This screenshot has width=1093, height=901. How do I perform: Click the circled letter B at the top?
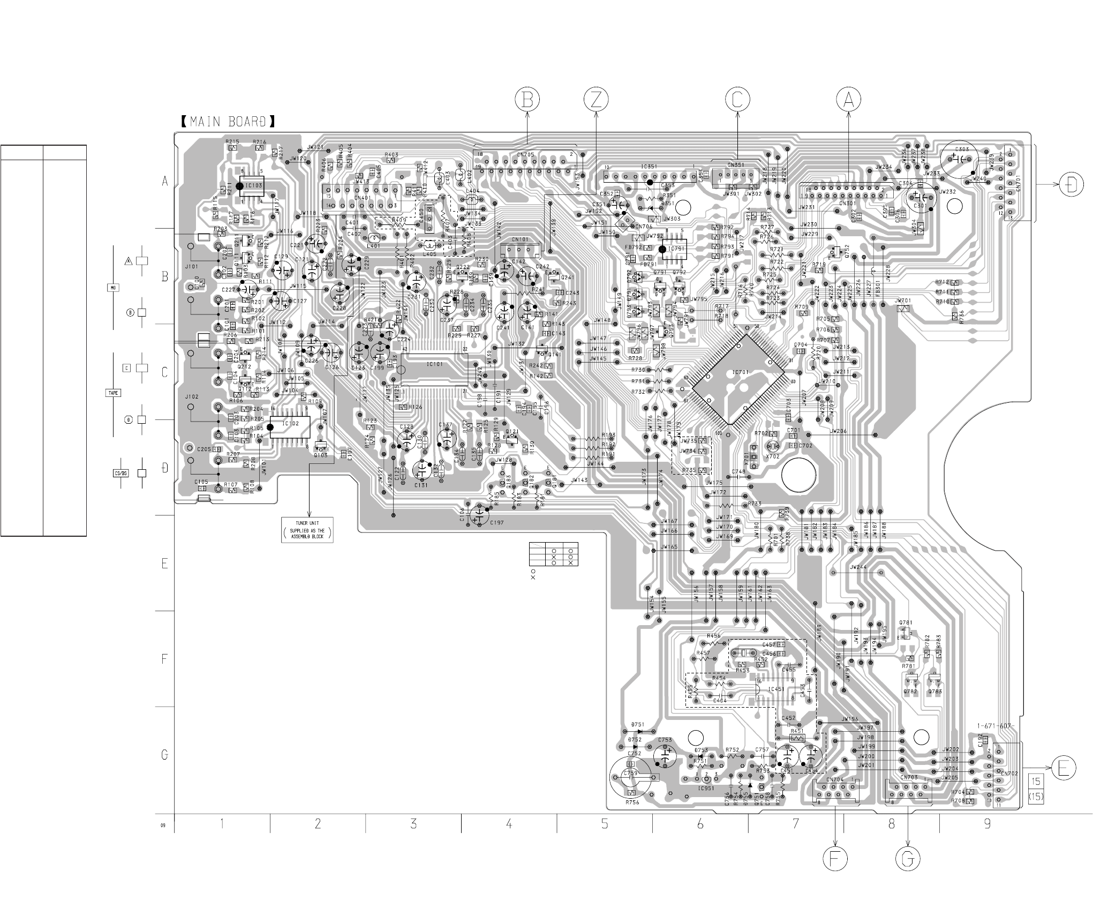(527, 100)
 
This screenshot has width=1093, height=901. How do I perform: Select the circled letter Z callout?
(596, 100)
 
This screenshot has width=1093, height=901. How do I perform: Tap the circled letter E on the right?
(1063, 768)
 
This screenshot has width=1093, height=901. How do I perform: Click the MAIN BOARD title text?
(228, 122)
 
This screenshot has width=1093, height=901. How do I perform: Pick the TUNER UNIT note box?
(307, 530)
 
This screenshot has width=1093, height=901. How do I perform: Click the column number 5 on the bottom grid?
(605, 824)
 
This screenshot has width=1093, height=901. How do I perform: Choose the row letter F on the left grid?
(165, 659)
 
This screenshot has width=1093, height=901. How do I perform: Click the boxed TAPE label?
(113, 393)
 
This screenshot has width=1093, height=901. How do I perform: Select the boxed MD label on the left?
(112, 288)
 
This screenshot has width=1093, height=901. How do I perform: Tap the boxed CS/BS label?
(121, 474)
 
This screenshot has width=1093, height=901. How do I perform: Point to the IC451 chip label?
(777, 689)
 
